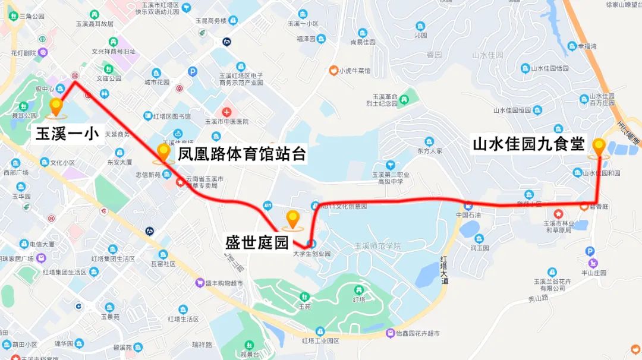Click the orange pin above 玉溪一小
pyautogui.click(x=56, y=107)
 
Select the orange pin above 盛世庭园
pyautogui.click(x=292, y=219)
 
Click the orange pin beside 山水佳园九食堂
pyautogui.click(x=598, y=146)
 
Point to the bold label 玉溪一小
pyautogui.click(x=67, y=133)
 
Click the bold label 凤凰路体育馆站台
pyautogui.click(x=241, y=154)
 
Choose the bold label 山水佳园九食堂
pyautogui.click(x=528, y=144)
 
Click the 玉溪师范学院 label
pyautogui.click(x=377, y=246)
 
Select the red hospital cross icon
pyautogui.click(x=226, y=112)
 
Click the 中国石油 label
pyautogui.click(x=468, y=215)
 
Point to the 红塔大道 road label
pyautogui.click(x=445, y=271)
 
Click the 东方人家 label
pyautogui.click(x=430, y=151)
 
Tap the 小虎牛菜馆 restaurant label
pyautogui.click(x=354, y=71)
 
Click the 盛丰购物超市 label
pyautogui.click(x=224, y=284)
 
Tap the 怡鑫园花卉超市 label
pyautogui.click(x=416, y=333)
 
